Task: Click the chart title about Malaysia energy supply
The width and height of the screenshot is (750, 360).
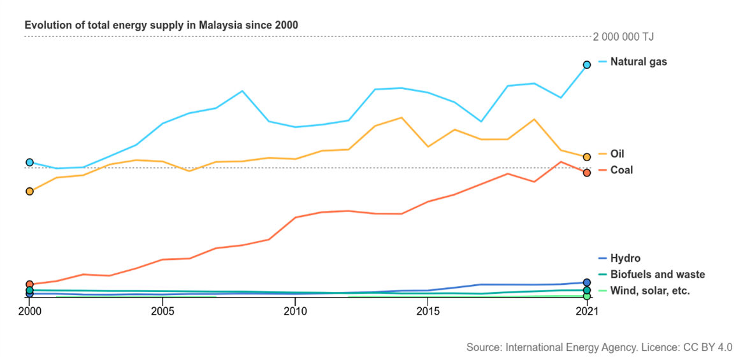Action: (161, 25)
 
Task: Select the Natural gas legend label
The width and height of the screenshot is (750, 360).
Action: (638, 62)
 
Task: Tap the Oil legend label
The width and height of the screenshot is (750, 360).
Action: (617, 154)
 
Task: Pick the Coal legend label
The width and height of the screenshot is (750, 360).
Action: (621, 170)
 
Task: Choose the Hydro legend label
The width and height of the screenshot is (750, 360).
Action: (625, 258)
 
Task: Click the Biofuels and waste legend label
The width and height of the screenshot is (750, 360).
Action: (658, 275)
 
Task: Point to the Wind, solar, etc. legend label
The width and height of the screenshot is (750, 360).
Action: (650, 291)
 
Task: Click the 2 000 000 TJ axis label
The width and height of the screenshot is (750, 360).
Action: (623, 37)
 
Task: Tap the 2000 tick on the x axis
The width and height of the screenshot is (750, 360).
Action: (29, 311)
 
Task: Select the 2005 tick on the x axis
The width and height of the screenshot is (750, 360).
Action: (162, 311)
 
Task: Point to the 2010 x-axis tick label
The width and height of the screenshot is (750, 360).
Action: (295, 311)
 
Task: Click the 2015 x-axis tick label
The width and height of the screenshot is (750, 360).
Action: (428, 311)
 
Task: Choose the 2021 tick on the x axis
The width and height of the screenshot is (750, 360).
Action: (587, 311)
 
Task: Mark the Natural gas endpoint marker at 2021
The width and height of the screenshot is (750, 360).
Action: (587, 64)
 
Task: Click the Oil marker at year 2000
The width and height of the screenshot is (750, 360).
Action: (29, 191)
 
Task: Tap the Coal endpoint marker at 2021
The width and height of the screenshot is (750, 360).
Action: (587, 173)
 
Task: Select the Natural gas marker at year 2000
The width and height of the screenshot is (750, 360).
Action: (29, 162)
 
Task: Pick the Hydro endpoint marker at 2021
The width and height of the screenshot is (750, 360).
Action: (587, 282)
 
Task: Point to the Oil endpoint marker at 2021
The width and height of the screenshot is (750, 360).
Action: (587, 156)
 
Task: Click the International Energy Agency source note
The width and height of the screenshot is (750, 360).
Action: (599, 347)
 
